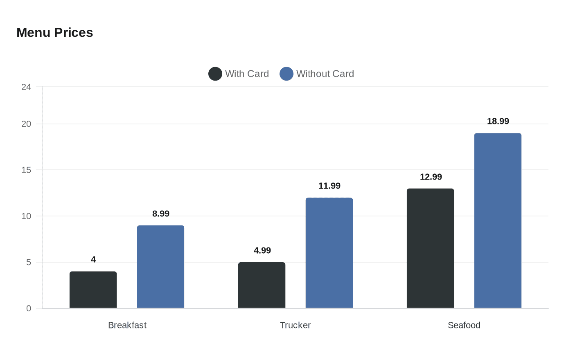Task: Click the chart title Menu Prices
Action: (55, 33)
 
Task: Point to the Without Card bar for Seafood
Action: (498, 220)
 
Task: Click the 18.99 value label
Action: (498, 121)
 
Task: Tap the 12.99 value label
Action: (431, 177)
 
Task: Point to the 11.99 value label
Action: (329, 186)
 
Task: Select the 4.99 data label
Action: (262, 250)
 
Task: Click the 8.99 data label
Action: (161, 214)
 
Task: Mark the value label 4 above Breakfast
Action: (93, 259)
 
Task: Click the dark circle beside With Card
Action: (215, 74)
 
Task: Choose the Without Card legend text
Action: (325, 74)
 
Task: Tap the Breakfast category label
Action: (127, 325)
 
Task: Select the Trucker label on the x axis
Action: (296, 325)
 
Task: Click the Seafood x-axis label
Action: (464, 325)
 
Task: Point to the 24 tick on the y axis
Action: (26, 87)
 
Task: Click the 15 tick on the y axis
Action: (26, 170)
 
